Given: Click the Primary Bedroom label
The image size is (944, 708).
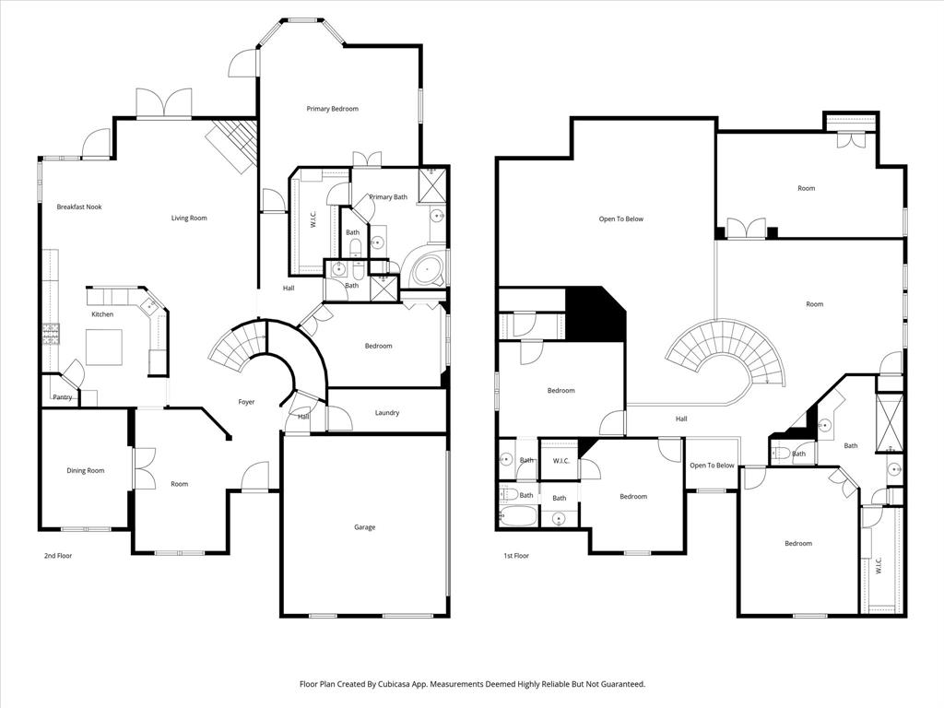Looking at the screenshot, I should click(x=332, y=109).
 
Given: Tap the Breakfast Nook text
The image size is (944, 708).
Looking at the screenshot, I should click(x=78, y=206).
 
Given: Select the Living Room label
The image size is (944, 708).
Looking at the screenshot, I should click(x=189, y=218).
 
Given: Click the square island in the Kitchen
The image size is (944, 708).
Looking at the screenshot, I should click(x=104, y=348).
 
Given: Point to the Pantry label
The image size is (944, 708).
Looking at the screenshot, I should click(x=63, y=397).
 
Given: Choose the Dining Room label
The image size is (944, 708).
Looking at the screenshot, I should click(x=85, y=471).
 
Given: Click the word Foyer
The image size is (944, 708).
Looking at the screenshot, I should click(x=246, y=402).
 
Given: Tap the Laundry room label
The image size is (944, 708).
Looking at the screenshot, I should click(x=387, y=413).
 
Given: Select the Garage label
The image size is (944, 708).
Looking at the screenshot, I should click(x=365, y=527).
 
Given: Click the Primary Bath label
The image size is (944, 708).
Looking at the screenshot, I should click(x=388, y=196).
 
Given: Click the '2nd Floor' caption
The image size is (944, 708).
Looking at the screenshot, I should click(x=57, y=556).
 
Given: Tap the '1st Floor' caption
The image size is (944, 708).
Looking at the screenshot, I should click(x=516, y=556).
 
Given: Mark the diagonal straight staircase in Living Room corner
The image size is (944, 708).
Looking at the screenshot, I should click(x=228, y=145).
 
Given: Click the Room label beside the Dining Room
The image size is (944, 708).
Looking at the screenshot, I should click(x=179, y=484).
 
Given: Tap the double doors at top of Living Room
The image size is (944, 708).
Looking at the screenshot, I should click(x=163, y=103).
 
